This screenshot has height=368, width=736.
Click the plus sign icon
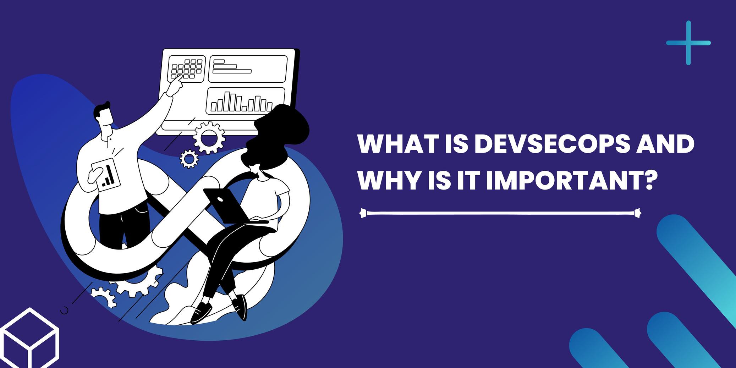688,43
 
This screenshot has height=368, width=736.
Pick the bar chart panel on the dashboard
246,101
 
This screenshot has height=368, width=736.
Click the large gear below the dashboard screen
209,138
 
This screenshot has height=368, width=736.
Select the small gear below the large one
189,159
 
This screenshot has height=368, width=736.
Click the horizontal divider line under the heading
500,213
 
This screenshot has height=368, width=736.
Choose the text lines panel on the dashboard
247,68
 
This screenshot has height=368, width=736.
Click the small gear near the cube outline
103,297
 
